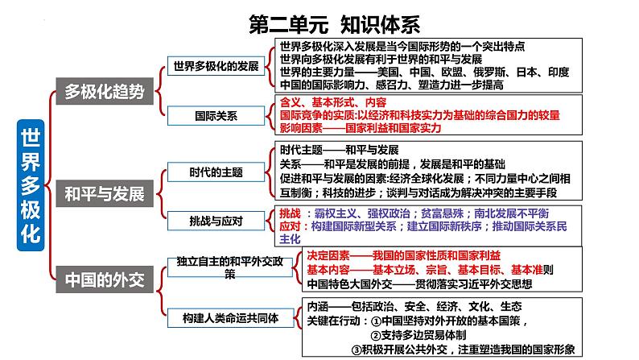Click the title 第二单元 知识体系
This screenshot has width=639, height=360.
pos(334,24)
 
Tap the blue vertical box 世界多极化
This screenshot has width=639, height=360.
pos(31,185)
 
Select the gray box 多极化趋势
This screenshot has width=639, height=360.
pos(105,91)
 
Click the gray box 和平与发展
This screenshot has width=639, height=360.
pos(105,193)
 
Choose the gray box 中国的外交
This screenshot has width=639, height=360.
pos(105,279)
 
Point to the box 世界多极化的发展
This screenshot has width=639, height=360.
pos(216,66)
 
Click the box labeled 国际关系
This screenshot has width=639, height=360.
pos(216,116)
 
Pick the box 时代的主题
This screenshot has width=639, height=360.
pos(216,172)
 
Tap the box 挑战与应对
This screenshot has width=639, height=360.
pos(216,221)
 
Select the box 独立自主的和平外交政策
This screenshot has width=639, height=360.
pos(230,267)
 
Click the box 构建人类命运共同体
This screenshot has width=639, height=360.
pos(231,318)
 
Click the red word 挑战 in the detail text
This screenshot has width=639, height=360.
pos(291,213)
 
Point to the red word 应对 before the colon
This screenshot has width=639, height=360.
pos(291,226)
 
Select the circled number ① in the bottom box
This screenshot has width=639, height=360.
pos(377,321)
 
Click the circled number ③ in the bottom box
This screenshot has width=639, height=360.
pos(357,350)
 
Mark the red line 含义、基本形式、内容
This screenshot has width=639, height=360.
pos(333,102)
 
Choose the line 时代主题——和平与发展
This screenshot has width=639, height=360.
pos(339,150)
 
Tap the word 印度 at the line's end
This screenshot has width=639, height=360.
pos(559,72)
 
